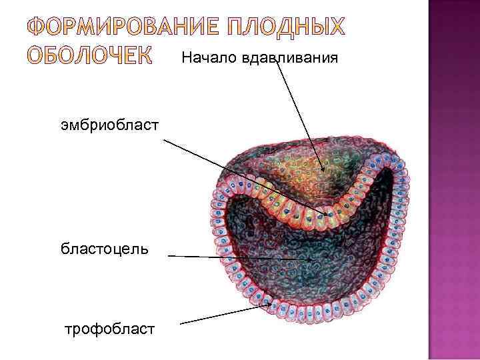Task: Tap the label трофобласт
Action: (109, 329)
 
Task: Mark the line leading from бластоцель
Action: (233, 257)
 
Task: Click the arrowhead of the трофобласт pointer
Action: (270, 304)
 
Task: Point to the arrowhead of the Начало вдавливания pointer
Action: (325, 171)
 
